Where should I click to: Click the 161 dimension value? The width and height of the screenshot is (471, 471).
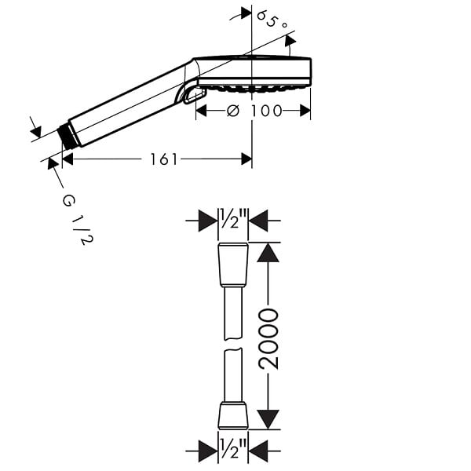click(x=164, y=159)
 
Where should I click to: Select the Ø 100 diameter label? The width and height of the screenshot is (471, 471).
click(x=254, y=111)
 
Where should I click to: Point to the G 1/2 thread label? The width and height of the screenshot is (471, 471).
click(x=78, y=220)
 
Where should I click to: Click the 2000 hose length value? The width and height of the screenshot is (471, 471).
click(x=268, y=338)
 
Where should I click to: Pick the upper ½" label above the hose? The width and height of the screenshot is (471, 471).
click(x=233, y=218)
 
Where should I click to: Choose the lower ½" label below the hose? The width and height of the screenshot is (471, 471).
click(x=233, y=448)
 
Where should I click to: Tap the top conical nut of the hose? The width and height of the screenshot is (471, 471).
click(x=233, y=265)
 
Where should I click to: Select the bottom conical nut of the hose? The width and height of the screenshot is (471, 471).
click(x=233, y=414)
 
